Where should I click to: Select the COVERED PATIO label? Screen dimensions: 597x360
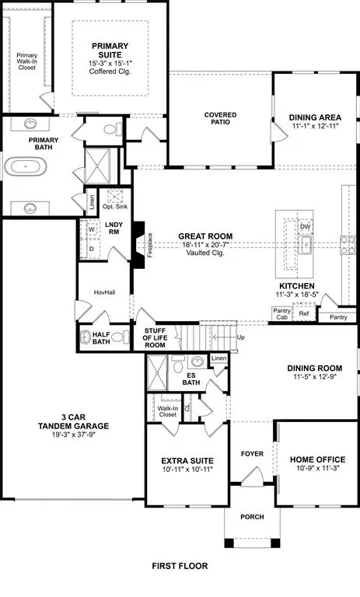(x=221, y=119)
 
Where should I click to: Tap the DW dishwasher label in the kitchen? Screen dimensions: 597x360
(x=306, y=227)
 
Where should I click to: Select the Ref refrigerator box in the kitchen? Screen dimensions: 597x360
(x=304, y=314)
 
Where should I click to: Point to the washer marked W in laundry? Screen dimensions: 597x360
(x=91, y=230)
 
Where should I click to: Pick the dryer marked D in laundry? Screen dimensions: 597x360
(x=91, y=248)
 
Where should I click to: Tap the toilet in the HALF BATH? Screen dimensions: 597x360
(x=119, y=337)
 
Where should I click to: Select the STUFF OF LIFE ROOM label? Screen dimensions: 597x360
(x=159, y=337)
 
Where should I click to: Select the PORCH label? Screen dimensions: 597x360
(x=252, y=517)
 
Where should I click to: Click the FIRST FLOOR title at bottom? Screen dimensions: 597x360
(x=180, y=567)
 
